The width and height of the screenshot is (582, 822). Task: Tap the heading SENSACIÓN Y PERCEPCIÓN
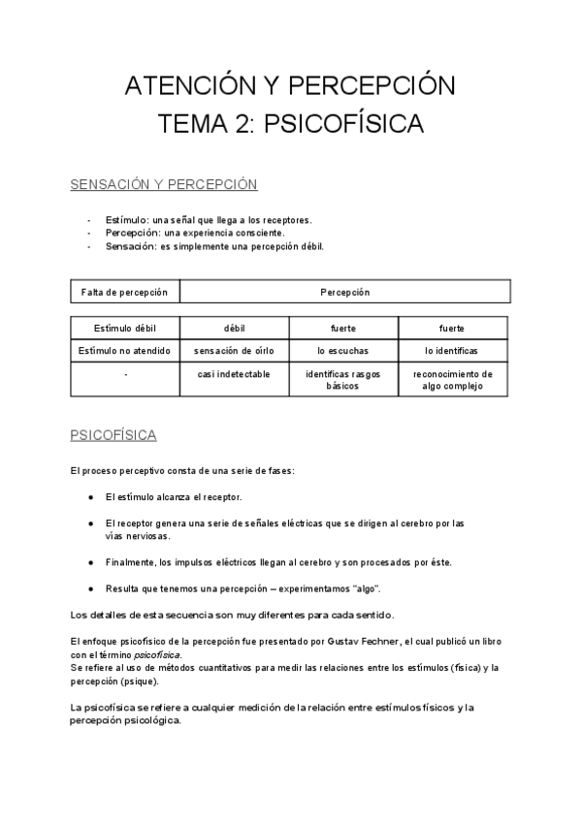point(163,183)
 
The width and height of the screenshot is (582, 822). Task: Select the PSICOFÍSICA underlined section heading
point(113,435)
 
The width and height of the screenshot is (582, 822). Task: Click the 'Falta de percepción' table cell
point(125,292)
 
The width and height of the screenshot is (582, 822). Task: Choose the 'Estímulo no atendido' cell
point(125,350)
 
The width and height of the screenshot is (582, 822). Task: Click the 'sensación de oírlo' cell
point(233,350)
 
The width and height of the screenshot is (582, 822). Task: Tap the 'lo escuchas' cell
point(342,350)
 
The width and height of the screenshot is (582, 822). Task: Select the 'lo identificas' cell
point(452,350)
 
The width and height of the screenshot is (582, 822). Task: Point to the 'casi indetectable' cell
point(233,373)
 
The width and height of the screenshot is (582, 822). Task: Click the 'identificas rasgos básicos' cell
point(342,379)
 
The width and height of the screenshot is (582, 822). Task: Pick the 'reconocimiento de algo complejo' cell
point(452,379)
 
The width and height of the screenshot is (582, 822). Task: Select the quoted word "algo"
point(363,588)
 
